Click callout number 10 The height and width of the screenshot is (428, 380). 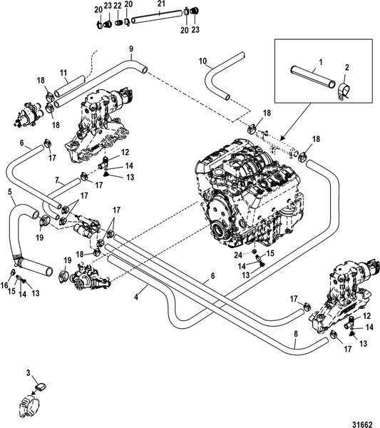[202, 61]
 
